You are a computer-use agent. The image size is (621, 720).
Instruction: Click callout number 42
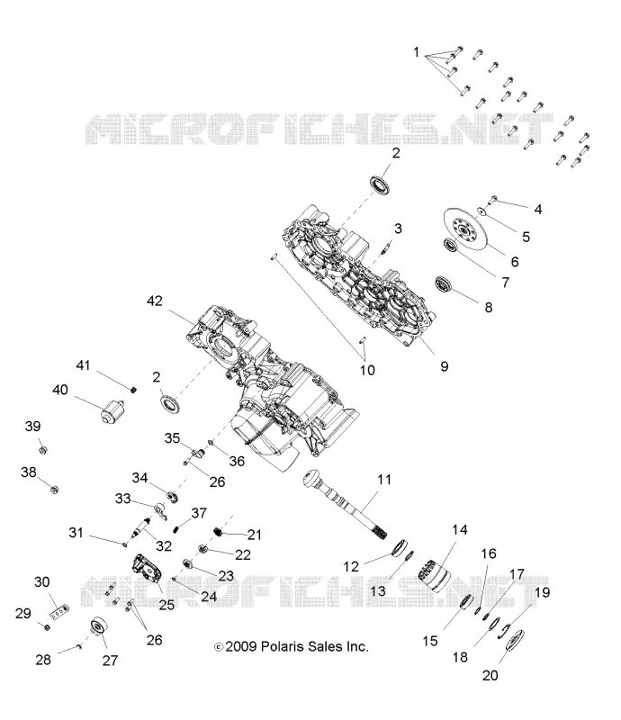pyautogui.click(x=154, y=301)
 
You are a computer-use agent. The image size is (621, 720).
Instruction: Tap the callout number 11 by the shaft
pyautogui.click(x=384, y=480)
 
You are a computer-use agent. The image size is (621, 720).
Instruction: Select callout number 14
pyautogui.click(x=459, y=530)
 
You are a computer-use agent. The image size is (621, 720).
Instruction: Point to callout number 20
pyautogui.click(x=490, y=676)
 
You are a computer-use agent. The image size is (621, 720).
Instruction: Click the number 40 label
pyautogui.click(x=60, y=390)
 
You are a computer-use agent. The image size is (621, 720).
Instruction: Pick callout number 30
pyautogui.click(x=41, y=582)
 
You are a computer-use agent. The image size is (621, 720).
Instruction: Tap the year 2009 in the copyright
pyautogui.click(x=240, y=646)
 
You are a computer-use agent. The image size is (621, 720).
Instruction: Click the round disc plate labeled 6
pyautogui.click(x=463, y=229)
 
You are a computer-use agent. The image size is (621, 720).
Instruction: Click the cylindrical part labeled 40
pyautogui.click(x=112, y=411)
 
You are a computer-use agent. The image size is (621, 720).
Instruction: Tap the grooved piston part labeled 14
pyautogui.click(x=434, y=575)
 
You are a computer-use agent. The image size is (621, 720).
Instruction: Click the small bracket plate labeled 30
pyautogui.click(x=59, y=612)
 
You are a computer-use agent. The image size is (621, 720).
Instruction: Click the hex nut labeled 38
pyautogui.click(x=55, y=490)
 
